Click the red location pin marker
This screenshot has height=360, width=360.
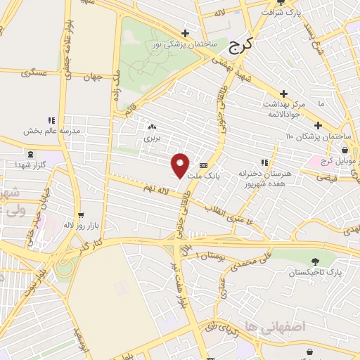pos(181,165)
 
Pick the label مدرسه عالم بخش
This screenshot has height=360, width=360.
pos(51,131)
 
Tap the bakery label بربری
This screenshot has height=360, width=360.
pos(153,138)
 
